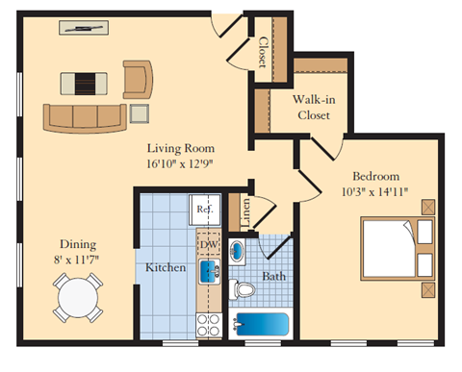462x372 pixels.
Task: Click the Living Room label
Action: [180, 149]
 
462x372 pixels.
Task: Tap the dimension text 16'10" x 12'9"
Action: [180, 164]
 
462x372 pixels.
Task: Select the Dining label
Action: [77, 243]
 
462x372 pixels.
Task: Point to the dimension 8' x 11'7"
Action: [77, 259]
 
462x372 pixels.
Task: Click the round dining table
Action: [77, 298]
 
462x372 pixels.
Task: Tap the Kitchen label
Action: [166, 266]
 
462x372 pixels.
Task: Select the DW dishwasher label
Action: [208, 245]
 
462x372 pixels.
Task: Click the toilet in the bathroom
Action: [244, 289]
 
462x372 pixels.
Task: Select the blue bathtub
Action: [260, 325]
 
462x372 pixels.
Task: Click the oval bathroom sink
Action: [238, 251]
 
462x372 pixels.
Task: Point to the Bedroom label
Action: [375, 176]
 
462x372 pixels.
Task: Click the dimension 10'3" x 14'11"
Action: [375, 191]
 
